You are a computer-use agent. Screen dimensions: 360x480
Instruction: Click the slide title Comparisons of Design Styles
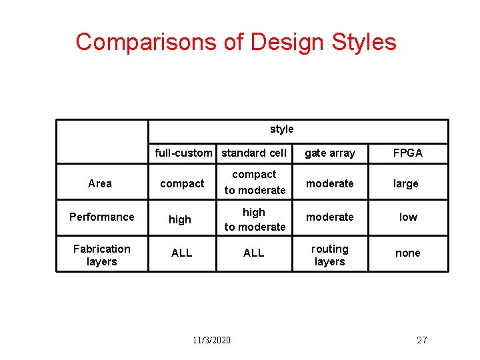236,42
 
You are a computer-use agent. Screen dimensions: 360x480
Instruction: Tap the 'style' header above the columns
281,129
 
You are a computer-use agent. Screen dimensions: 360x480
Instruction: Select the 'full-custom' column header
183,153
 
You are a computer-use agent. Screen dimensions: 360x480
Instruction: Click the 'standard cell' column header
254,153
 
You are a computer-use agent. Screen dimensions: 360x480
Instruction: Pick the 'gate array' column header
330,153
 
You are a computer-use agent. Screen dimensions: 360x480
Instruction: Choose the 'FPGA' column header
407,153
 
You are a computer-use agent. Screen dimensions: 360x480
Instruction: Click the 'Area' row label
100,183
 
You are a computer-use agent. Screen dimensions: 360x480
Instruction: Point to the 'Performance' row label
102,217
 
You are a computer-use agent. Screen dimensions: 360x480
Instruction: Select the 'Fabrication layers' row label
102,255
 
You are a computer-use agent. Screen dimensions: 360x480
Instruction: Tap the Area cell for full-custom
182,183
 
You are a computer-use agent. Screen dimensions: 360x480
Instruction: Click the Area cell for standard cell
255,182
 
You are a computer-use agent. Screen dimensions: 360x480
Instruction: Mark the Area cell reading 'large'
406,183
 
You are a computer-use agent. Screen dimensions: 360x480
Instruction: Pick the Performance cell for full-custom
180,219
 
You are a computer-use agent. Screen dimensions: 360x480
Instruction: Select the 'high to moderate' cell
255,219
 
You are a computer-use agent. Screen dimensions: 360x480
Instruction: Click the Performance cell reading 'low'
408,217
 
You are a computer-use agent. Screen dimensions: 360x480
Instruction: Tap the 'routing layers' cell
330,255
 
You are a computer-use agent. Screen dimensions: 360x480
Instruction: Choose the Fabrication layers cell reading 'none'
408,253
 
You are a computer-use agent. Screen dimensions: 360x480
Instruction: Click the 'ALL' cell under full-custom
181,253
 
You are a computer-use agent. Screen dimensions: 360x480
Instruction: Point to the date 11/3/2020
212,340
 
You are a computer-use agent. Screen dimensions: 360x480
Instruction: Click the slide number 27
421,340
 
